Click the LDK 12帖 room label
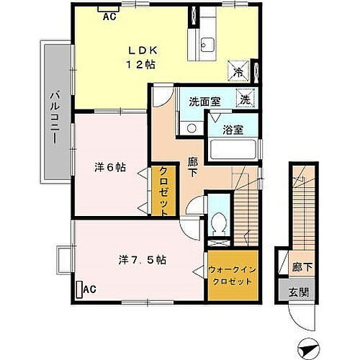pyautogui.click(x=142, y=57)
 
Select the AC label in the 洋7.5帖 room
pyautogui.click(x=89, y=289)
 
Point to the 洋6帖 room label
pyautogui.click(x=110, y=167)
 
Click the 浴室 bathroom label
pyautogui.click(x=232, y=131)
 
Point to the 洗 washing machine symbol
pyautogui.click(x=246, y=100)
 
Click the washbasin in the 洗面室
pyautogui.click(x=191, y=128)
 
